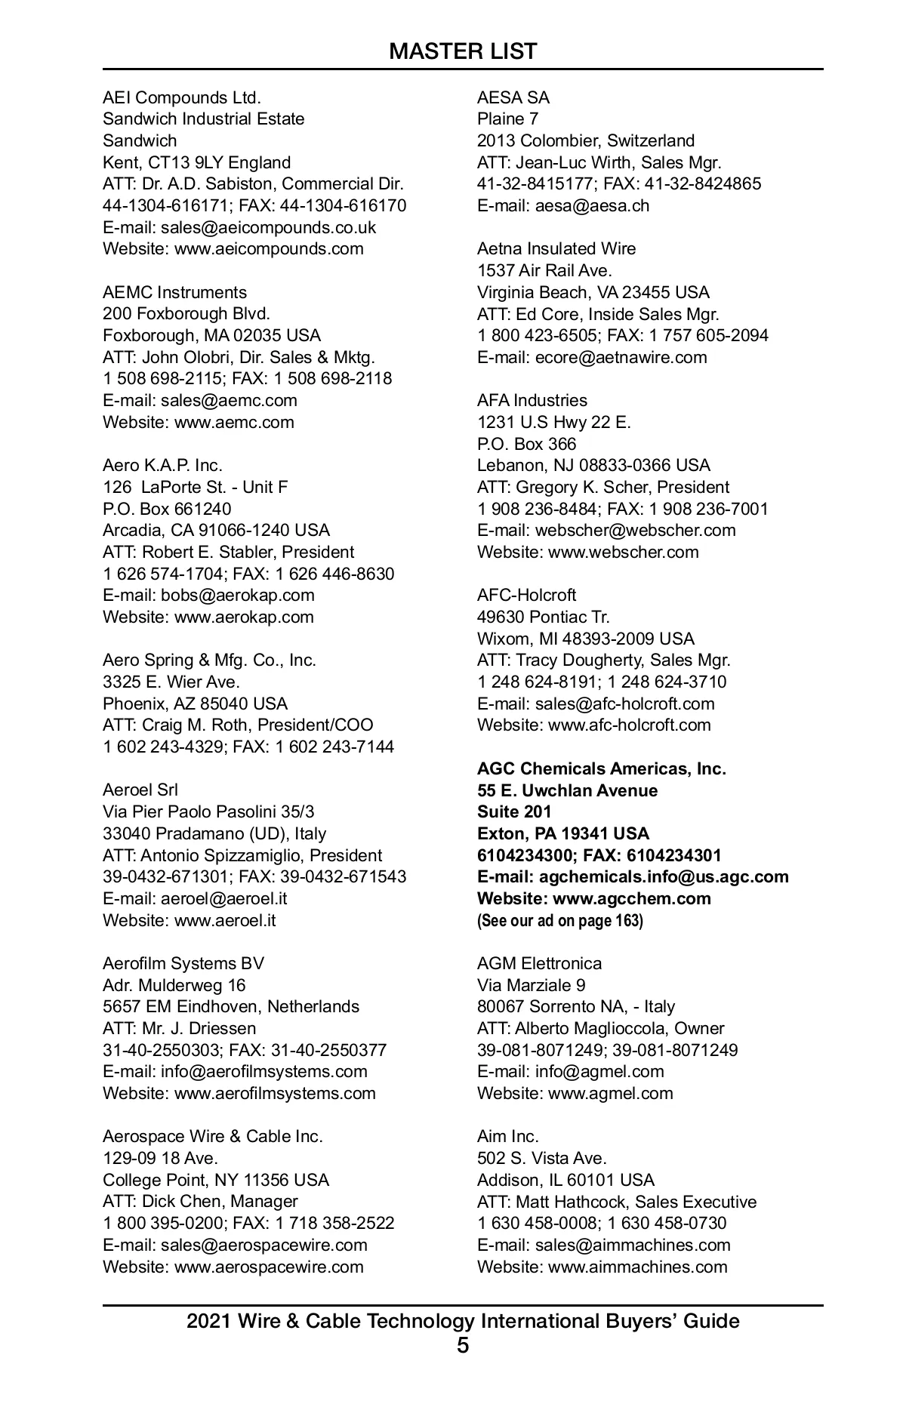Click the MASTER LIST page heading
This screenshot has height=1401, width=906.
463,51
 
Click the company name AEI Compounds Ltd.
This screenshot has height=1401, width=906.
181,97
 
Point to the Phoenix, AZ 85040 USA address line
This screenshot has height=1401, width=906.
195,704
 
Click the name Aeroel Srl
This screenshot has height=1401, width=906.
140,790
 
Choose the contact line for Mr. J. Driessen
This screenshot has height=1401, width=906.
179,1028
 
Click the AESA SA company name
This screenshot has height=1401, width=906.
513,97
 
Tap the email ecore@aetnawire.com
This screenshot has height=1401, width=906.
592,357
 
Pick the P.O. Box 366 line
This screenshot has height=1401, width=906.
526,444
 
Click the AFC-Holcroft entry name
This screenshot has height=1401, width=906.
526,595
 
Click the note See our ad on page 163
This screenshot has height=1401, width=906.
559,921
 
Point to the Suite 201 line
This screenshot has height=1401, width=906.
514,811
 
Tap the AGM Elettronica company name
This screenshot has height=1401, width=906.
539,963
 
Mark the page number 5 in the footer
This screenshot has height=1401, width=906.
463,1345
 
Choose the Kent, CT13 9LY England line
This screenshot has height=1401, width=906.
196,162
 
